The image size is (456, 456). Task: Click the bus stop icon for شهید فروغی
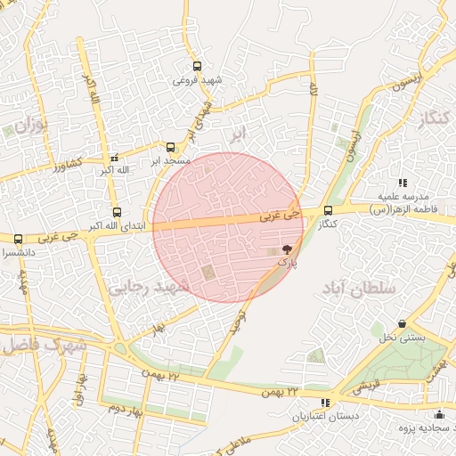[x=197, y=65]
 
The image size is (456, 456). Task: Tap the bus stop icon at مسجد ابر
[x=171, y=147]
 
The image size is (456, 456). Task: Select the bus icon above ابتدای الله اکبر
[x=118, y=212]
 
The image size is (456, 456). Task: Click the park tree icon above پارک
[x=286, y=250]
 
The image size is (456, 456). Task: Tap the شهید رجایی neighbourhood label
[x=148, y=287]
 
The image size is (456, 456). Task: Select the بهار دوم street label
[x=126, y=409]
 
